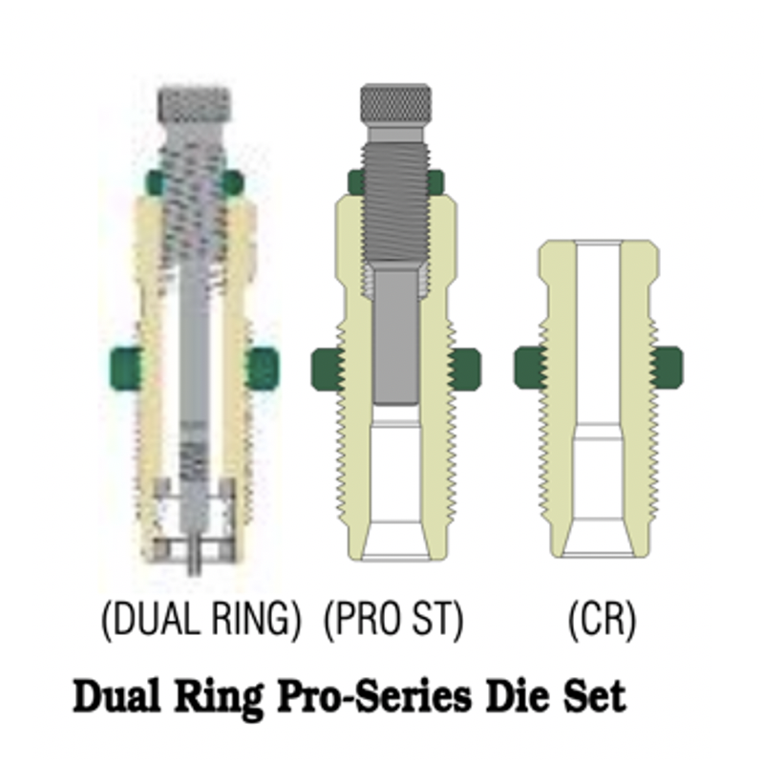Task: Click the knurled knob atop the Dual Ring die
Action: (195, 105)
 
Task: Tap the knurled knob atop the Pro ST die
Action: (395, 104)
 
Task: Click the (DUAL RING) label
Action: (201, 619)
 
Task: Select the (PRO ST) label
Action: (393, 619)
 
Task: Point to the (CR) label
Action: (603, 619)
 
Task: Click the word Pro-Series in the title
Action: (374, 697)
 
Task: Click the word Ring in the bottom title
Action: (219, 698)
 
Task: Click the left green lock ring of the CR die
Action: (530, 368)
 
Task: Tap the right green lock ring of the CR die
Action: (668, 368)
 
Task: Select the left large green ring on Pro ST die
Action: (328, 369)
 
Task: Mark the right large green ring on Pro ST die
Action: (464, 369)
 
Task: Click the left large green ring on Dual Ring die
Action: (125, 369)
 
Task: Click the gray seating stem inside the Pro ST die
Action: (395, 337)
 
